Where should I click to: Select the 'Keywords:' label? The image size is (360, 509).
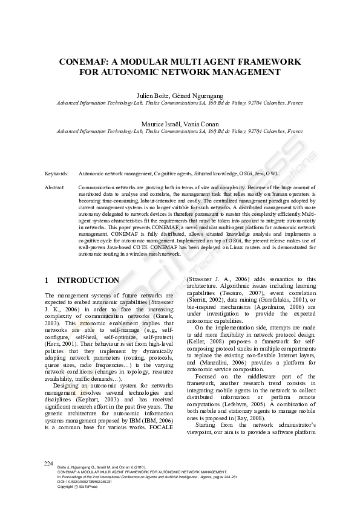[57, 173]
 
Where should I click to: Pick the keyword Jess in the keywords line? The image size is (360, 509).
[255, 173]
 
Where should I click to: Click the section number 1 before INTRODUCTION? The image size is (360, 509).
[48, 280]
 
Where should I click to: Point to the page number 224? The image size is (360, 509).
[49, 480]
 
